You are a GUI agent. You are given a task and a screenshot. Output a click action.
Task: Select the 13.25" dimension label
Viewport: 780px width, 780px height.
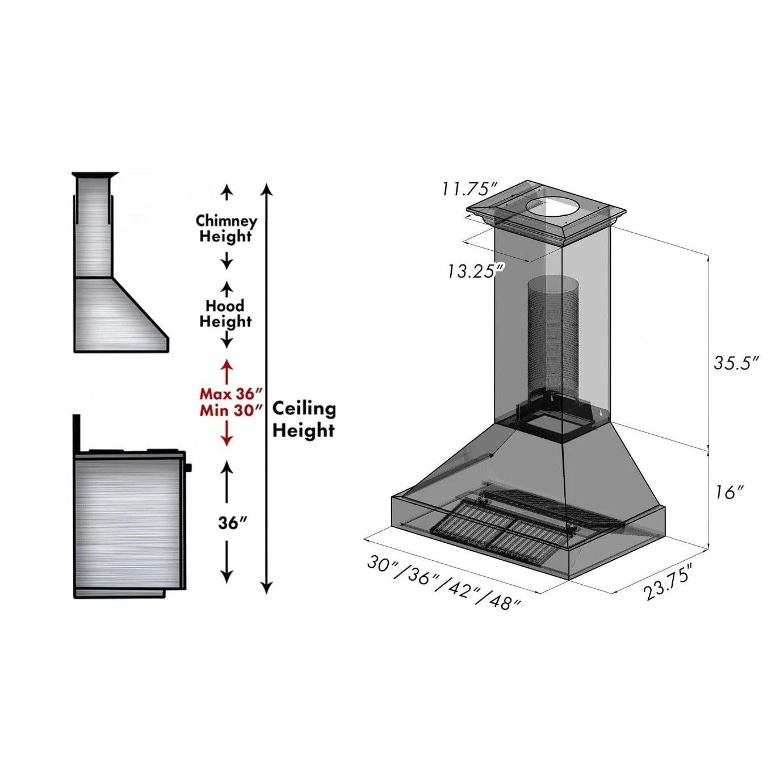[x=475, y=271]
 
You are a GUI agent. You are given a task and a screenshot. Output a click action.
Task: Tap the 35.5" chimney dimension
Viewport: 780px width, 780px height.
[x=736, y=363]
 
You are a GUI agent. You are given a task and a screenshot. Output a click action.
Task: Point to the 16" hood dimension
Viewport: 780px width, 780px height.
[x=728, y=492]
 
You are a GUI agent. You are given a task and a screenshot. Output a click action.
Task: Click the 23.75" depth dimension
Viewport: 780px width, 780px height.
[x=668, y=582]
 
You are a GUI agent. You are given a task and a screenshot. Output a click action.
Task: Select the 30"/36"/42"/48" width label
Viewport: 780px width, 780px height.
[x=443, y=581]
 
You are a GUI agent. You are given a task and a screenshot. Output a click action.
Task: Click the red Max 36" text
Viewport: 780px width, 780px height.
[x=231, y=393]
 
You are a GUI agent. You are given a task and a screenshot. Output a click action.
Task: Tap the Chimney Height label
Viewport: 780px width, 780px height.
[x=226, y=228]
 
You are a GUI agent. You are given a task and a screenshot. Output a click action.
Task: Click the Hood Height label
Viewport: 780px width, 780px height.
[x=225, y=313]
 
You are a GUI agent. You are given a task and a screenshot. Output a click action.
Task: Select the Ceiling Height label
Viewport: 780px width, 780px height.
[x=304, y=419]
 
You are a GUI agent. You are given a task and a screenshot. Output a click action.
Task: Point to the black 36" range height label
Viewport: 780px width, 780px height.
[x=233, y=523]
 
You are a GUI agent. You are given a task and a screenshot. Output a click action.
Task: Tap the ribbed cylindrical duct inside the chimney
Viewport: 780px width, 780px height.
[x=552, y=335]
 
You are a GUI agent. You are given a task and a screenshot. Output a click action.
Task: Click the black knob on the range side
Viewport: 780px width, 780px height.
[x=188, y=468]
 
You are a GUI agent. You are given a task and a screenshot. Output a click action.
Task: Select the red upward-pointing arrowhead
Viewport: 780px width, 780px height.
[x=227, y=364]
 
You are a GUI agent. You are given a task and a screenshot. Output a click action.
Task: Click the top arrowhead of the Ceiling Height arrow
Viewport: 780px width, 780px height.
[x=267, y=189]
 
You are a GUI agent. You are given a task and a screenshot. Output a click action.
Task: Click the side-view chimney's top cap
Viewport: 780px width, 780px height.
[x=95, y=174]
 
